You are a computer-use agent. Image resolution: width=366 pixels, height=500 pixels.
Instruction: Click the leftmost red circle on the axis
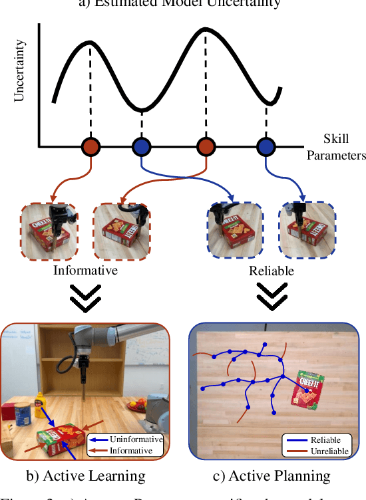coord(91,146)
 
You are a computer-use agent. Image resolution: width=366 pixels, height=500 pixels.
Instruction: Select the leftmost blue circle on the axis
coord(141,146)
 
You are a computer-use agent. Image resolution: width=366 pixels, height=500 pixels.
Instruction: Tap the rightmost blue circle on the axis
coord(266,146)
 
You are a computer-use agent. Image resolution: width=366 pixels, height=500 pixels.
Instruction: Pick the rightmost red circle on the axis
coord(205,146)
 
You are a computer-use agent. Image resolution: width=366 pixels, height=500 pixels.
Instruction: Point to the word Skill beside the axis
coord(336,140)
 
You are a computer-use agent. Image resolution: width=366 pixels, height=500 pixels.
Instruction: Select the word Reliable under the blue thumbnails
coord(272,271)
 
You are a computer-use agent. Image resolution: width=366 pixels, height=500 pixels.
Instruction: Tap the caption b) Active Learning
coord(85,475)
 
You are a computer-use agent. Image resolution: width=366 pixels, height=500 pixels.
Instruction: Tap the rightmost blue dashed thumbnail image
coord(306,230)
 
